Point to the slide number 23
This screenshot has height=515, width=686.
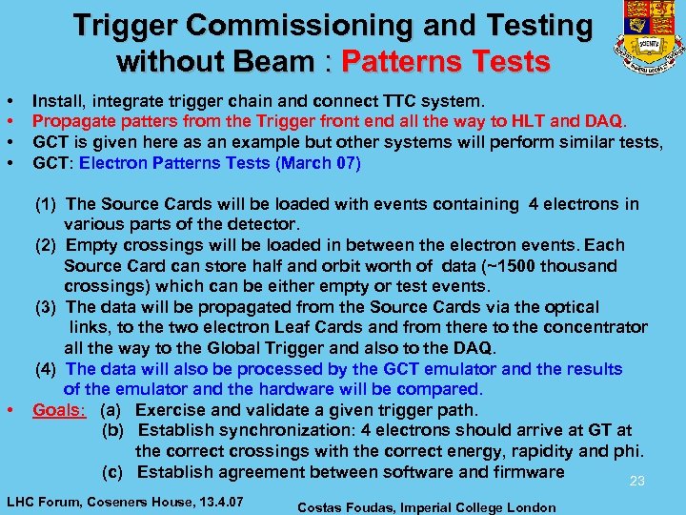(637, 482)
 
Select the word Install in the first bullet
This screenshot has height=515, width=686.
(56, 99)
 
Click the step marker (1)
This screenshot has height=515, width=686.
(47, 204)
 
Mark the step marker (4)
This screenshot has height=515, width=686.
(47, 369)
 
